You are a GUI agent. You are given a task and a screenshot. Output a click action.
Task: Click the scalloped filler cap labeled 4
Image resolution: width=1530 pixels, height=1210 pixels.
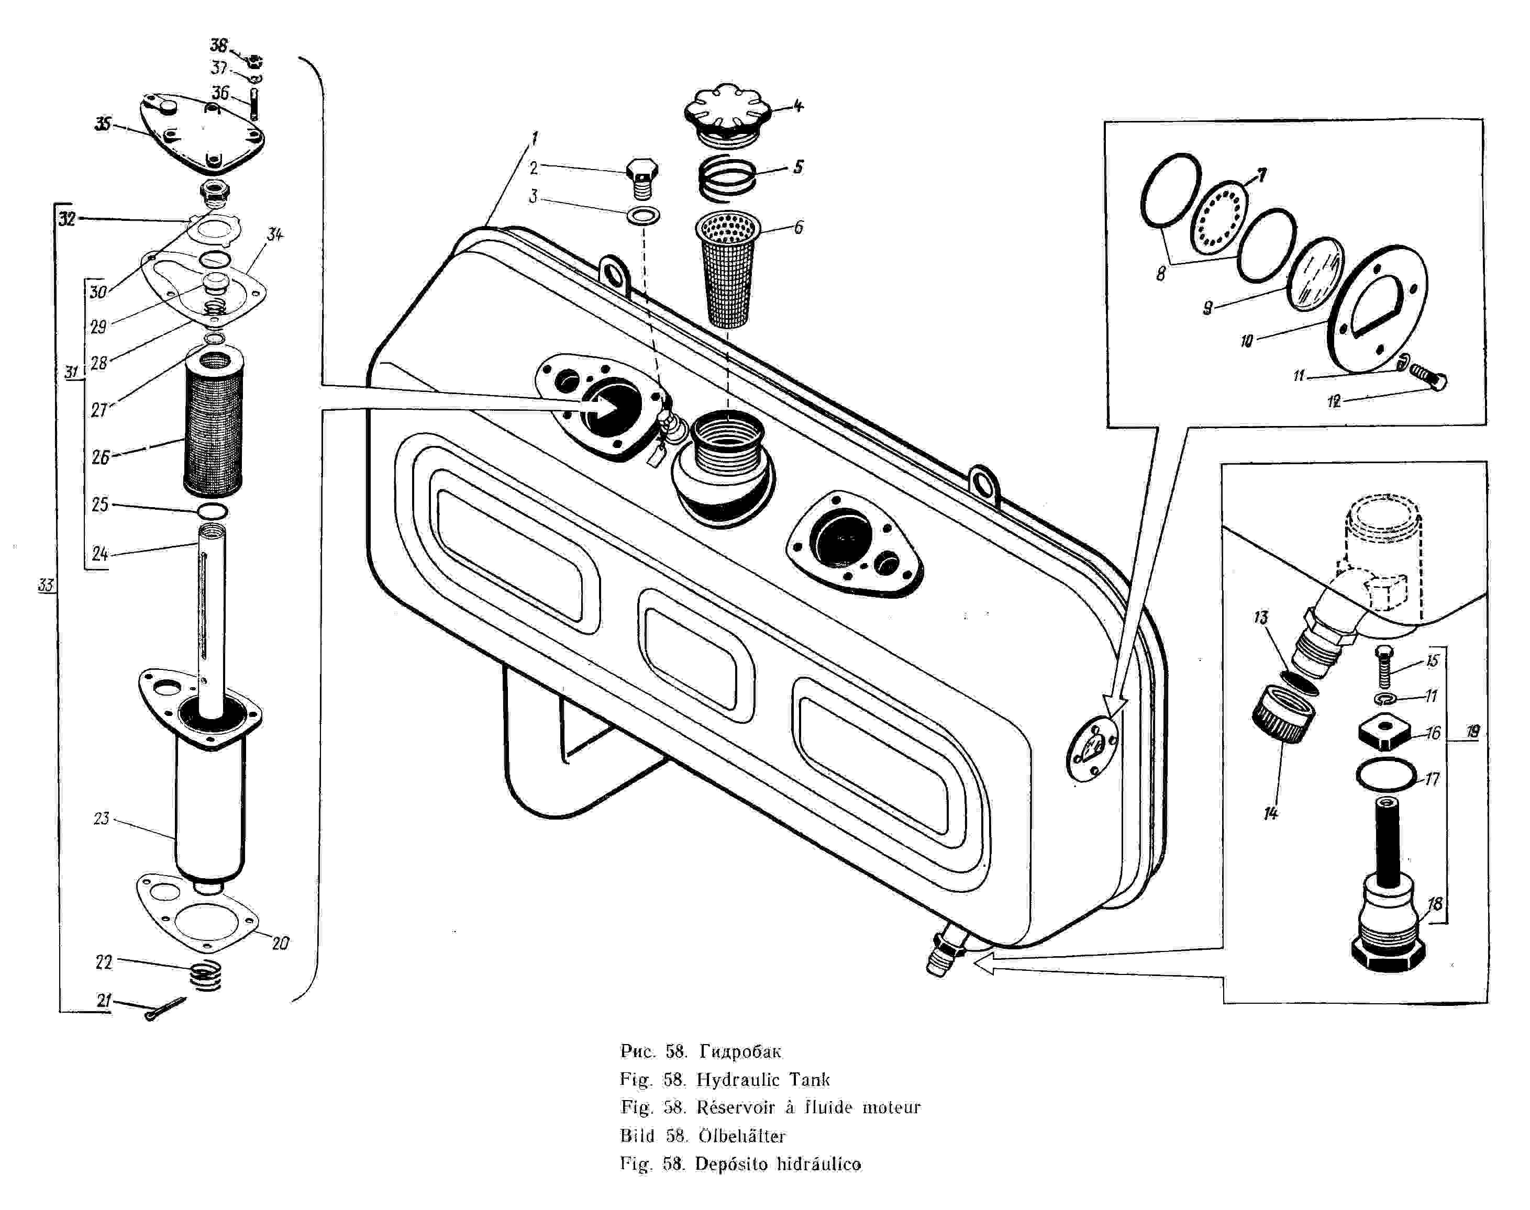pyautogui.click(x=727, y=116)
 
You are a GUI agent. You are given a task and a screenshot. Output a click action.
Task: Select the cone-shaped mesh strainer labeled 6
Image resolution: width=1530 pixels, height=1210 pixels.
pyautogui.click(x=728, y=269)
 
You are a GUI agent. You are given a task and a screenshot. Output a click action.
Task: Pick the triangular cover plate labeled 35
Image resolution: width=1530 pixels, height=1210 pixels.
pyautogui.click(x=202, y=132)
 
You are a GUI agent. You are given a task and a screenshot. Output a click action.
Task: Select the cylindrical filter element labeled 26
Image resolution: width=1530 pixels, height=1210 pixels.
pyautogui.click(x=213, y=421)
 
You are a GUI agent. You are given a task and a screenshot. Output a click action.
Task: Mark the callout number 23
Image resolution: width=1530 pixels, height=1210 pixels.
pyautogui.click(x=102, y=818)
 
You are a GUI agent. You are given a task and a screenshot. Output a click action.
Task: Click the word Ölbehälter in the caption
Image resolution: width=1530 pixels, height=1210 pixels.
pyautogui.click(x=742, y=1136)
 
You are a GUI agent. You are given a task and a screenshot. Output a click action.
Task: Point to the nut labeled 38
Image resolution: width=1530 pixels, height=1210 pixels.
pyautogui.click(x=254, y=62)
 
